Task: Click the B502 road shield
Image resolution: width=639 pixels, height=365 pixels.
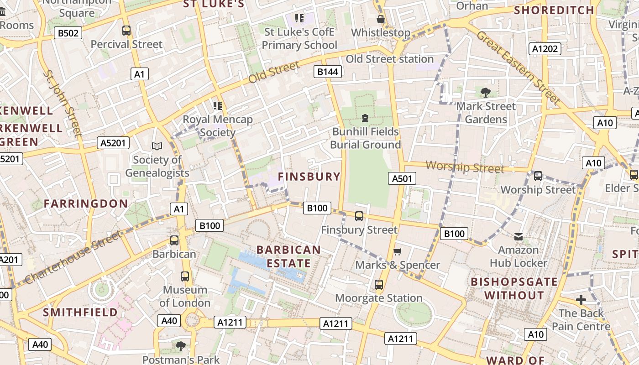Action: pos(68,33)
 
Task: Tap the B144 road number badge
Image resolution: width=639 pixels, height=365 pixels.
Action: pos(328,71)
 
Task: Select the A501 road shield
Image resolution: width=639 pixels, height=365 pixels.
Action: pos(402,178)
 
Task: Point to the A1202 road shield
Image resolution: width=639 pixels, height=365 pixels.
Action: pos(545,49)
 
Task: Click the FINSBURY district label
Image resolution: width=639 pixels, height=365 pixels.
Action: pos(309,177)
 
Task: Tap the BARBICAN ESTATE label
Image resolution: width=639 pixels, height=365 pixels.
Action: pos(288,256)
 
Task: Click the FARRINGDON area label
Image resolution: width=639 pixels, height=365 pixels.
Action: pos(86,203)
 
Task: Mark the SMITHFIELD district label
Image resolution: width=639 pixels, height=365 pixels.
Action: pos(80,312)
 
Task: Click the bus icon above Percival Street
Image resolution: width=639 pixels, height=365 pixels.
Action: pos(126,31)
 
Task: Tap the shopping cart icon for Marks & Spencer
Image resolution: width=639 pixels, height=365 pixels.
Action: pos(398,252)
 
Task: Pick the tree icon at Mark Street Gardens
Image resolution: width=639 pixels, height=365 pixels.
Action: pos(486,93)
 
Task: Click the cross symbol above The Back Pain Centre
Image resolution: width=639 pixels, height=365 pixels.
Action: pos(581,300)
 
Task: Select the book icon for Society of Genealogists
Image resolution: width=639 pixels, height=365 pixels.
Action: pos(157,146)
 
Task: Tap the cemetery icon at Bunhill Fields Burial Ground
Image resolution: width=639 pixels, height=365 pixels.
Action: pos(365,118)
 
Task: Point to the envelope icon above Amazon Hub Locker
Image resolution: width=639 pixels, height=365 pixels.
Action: pos(518,236)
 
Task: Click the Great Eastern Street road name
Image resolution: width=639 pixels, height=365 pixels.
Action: pos(518,67)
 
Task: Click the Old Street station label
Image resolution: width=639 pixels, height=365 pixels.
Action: pos(389,59)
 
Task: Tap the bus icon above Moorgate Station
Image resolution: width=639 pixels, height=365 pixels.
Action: pos(378,285)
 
